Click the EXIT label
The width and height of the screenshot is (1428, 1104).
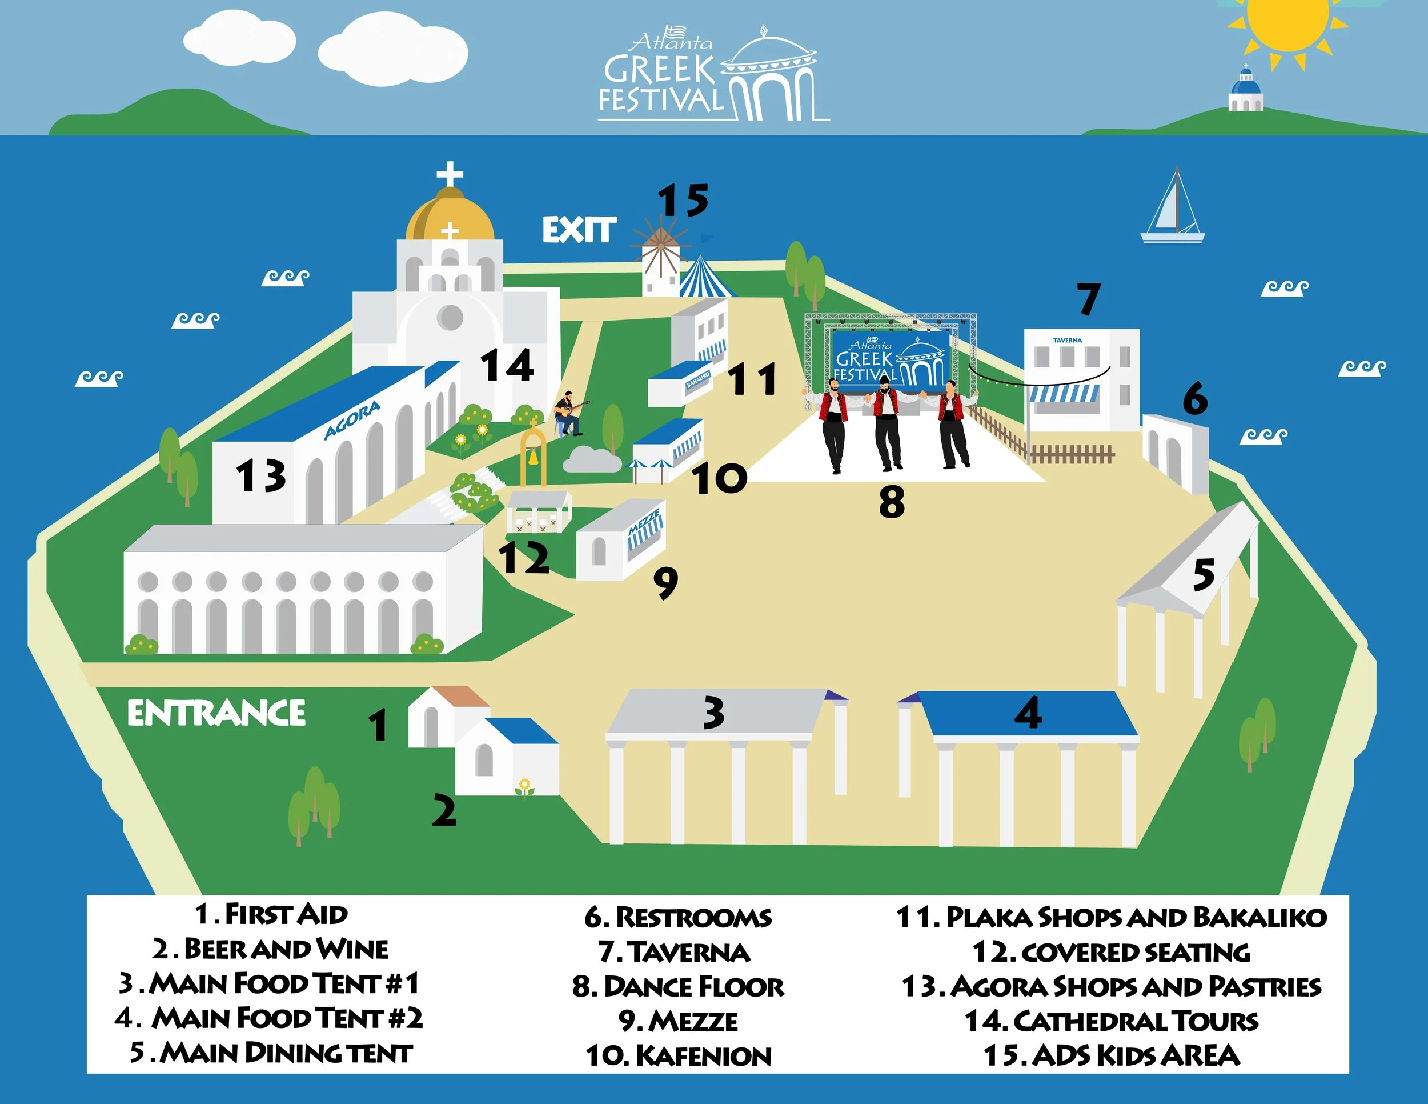pyautogui.click(x=579, y=230)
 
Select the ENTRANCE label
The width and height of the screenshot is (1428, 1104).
pyautogui.click(x=216, y=713)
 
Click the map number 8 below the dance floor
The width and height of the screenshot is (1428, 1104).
pyautogui.click(x=892, y=502)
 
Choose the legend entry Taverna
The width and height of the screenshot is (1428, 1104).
pyautogui.click(x=675, y=952)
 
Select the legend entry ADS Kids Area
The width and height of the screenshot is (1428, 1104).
pyautogui.click(x=1112, y=1055)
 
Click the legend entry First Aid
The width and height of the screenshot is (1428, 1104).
pyautogui.click(x=271, y=914)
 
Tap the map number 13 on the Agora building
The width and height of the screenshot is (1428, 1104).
pyautogui.click(x=261, y=475)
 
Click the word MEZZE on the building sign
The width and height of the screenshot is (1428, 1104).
pyautogui.click(x=644, y=522)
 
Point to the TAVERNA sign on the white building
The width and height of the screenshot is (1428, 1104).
pyautogui.click(x=1067, y=340)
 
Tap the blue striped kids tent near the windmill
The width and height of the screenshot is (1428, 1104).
pyautogui.click(x=703, y=278)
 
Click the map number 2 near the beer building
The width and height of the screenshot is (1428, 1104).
pyautogui.click(x=444, y=811)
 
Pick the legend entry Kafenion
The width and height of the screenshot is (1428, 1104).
pyautogui.click(x=679, y=1055)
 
